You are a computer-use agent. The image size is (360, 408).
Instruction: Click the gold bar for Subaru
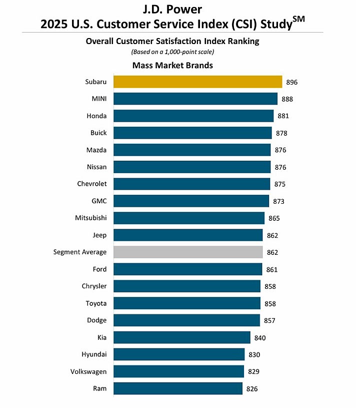(197, 82)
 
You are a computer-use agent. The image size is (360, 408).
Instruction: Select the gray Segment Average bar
(188, 252)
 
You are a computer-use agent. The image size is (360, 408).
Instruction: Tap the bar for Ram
(178, 388)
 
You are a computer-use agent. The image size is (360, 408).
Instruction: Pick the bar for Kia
(181, 337)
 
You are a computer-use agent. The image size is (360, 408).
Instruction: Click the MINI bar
(195, 99)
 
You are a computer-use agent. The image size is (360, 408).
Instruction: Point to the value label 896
(292, 82)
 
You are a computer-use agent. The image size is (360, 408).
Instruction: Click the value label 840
(260, 338)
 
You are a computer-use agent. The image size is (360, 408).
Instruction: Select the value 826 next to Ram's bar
(252, 388)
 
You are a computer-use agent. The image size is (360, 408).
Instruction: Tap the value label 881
(283, 116)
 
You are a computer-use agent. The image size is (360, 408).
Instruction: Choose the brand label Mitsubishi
(90, 218)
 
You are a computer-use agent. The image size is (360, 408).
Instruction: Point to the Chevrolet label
(91, 184)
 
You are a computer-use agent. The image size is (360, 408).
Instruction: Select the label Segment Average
(80, 252)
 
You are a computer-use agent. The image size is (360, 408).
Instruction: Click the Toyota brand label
(96, 303)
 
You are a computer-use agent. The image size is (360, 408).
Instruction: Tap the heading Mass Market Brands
(172, 65)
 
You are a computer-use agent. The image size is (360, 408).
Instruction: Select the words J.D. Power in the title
(172, 10)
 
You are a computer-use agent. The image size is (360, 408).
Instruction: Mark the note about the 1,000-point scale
(172, 52)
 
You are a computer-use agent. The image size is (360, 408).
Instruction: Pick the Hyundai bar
(179, 354)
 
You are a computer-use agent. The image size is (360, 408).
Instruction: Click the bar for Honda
(193, 116)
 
